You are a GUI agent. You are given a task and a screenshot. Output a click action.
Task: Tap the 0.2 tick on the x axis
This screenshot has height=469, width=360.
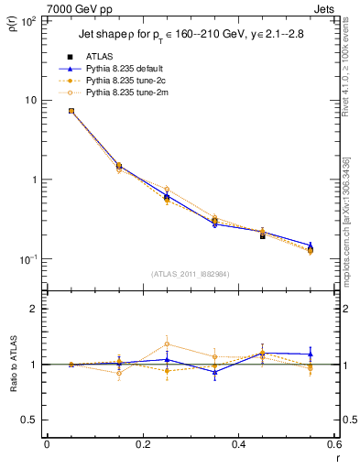click(x=142, y=446)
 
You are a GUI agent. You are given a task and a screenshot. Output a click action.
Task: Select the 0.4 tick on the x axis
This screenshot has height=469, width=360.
click(x=238, y=446)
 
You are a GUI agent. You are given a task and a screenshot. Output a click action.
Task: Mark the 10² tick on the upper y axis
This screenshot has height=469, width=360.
click(x=29, y=20)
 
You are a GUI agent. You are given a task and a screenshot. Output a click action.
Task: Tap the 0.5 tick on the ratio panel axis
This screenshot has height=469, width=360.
click(x=30, y=420)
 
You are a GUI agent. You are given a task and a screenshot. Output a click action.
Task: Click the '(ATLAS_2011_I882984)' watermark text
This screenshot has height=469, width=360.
click(x=190, y=274)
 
